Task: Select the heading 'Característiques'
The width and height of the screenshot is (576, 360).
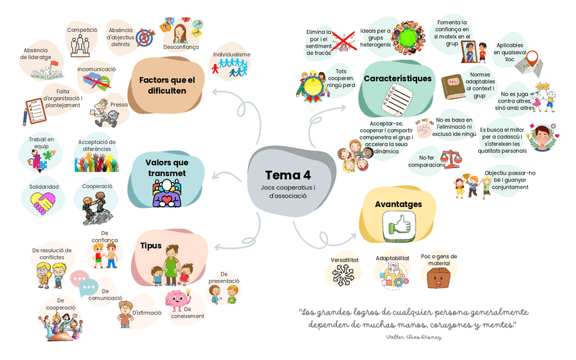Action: coord(397,79)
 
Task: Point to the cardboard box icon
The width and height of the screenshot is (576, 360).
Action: coord(439,278)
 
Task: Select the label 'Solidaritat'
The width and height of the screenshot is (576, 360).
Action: coord(44,187)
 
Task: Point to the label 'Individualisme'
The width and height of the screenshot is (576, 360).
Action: coord(232,54)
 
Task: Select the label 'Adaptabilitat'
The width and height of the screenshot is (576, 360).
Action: coord(393,259)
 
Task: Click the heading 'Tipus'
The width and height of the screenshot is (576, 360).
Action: coord(151,245)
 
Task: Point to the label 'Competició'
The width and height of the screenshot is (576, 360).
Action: coord(82,30)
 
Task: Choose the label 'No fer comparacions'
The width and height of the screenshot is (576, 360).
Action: coord(427,161)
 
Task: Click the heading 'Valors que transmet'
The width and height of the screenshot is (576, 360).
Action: coord(166,167)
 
